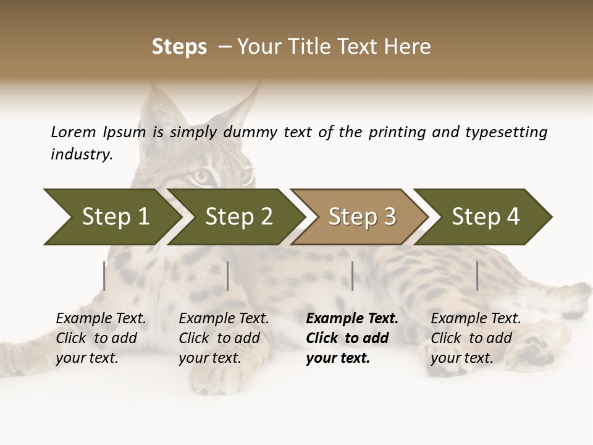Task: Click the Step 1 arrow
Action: coord(111,217)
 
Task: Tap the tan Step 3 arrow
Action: coord(361,217)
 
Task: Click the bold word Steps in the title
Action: coord(179,47)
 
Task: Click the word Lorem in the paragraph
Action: coord(73,132)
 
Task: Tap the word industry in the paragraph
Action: coord(81,155)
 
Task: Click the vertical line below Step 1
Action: coord(104,276)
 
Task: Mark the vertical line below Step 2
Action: coord(228,276)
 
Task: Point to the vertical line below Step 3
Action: coord(352,276)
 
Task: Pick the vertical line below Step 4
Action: coord(477,276)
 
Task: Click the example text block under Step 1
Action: coord(101,338)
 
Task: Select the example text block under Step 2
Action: coord(224,338)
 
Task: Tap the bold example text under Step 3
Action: coord(352,338)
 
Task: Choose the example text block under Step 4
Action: coord(476,338)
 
